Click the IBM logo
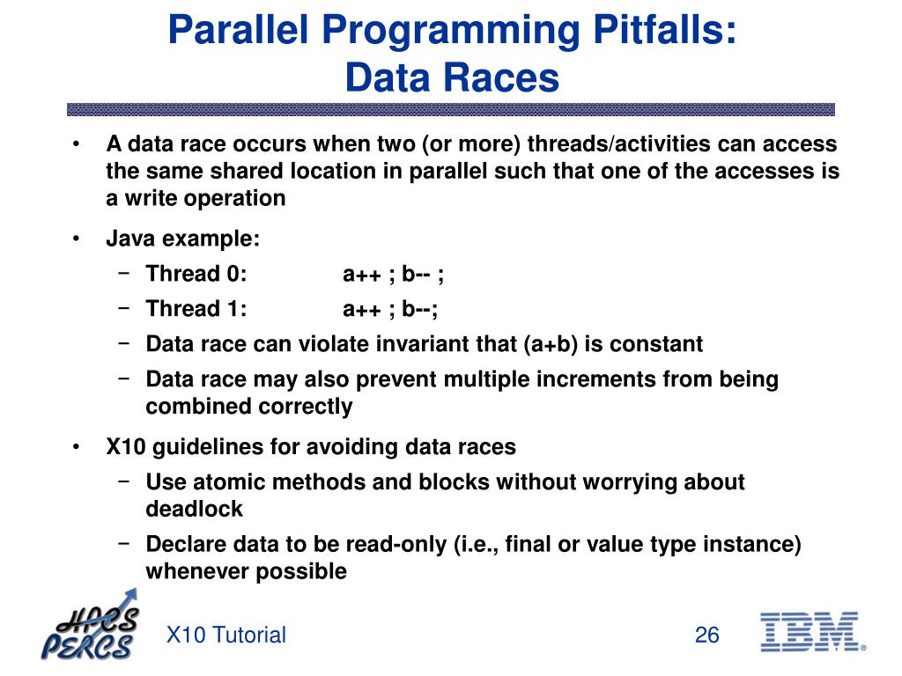pyautogui.click(x=812, y=632)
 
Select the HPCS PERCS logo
pyautogui.click(x=91, y=625)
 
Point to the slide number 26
pyautogui.click(x=707, y=635)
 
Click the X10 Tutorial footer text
pyautogui.click(x=226, y=635)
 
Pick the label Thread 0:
pyautogui.click(x=196, y=274)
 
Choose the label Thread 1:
pyautogui.click(x=196, y=309)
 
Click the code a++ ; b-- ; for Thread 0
pyautogui.click(x=393, y=275)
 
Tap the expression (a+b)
pyautogui.click(x=551, y=344)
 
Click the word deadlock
pyautogui.click(x=195, y=509)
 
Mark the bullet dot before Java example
pyautogui.click(x=76, y=239)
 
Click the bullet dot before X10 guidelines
pyautogui.click(x=76, y=447)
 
